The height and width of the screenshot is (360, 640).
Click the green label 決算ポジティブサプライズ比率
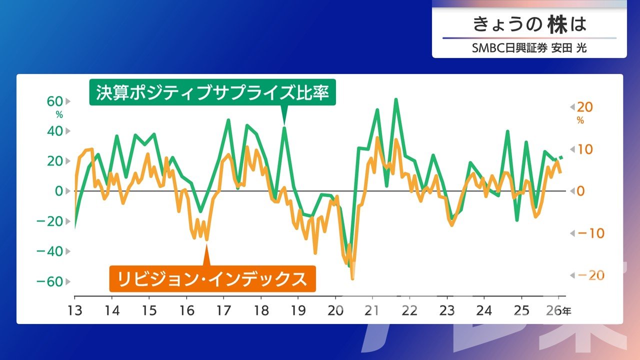tap(212, 92)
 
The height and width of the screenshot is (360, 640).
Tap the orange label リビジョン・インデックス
tap(212, 278)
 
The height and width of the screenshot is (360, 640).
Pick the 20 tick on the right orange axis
tap(584, 107)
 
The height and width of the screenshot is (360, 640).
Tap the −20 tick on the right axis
tap(590, 275)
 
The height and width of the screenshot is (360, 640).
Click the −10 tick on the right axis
tap(590, 233)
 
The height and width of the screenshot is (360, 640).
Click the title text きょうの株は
tap(529, 24)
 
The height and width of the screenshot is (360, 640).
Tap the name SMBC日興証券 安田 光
tap(529, 48)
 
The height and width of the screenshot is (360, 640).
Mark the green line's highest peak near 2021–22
tap(396, 99)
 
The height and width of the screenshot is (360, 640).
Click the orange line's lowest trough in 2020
tap(352, 278)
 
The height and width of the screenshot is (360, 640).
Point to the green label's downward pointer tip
tap(284, 124)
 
